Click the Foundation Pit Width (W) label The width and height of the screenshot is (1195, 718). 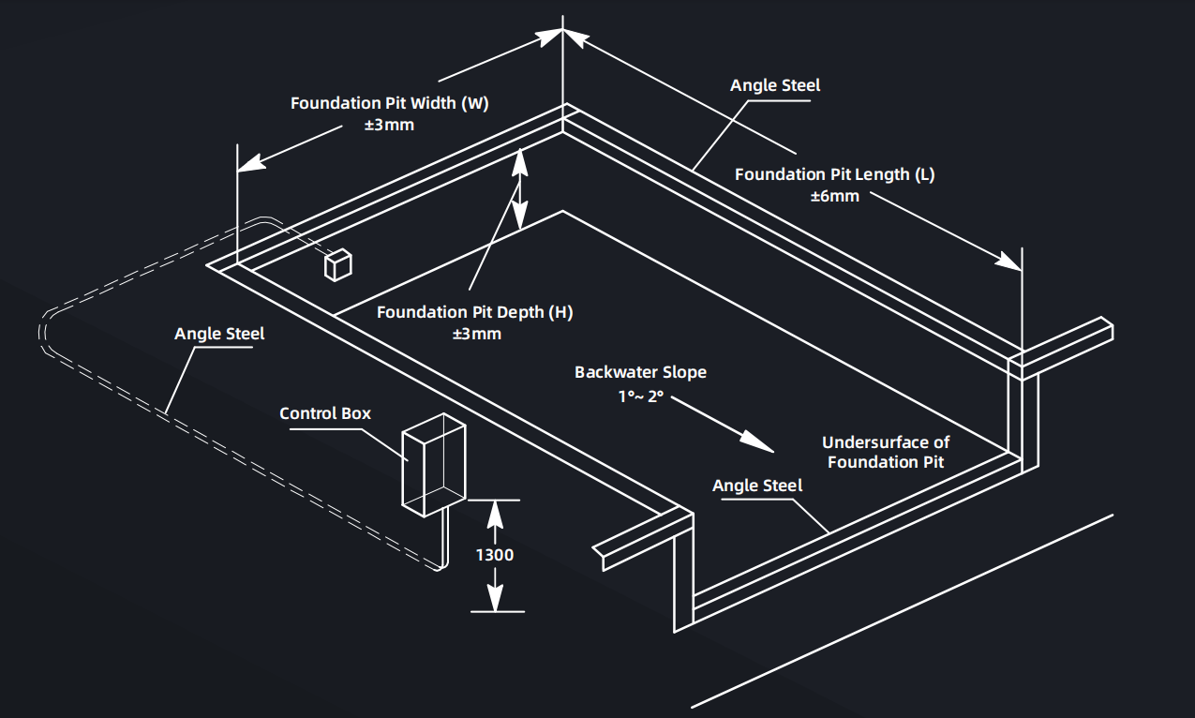click(x=389, y=103)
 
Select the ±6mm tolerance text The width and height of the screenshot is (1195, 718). click(x=834, y=196)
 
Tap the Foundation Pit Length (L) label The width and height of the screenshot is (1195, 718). click(x=834, y=174)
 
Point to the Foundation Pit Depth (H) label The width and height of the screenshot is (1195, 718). click(x=474, y=312)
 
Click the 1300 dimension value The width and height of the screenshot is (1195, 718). click(x=495, y=555)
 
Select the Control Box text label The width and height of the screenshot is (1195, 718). click(x=325, y=413)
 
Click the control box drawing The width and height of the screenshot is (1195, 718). click(x=433, y=467)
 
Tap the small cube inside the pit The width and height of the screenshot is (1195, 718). click(x=338, y=265)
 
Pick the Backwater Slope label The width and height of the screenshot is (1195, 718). click(x=640, y=372)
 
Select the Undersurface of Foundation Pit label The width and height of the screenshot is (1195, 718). click(x=886, y=452)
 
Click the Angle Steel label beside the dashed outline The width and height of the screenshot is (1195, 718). click(x=219, y=334)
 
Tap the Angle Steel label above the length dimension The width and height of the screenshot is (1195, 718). click(x=775, y=85)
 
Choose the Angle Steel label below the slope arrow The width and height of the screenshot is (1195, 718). click(x=757, y=486)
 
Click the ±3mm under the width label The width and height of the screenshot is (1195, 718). click(x=389, y=125)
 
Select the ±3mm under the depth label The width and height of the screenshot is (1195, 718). click(x=474, y=334)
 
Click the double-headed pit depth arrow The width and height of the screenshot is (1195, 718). click(x=520, y=192)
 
